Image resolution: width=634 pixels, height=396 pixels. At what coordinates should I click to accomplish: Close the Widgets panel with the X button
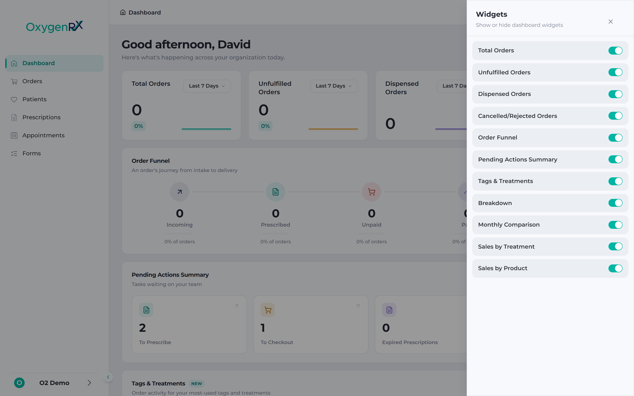(x=610, y=22)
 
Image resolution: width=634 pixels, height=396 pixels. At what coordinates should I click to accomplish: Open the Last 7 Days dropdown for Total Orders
(x=207, y=86)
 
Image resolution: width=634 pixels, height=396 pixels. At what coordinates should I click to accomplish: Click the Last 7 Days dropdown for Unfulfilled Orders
(x=334, y=86)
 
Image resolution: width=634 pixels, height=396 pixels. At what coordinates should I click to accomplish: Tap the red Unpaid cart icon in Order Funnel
(x=372, y=192)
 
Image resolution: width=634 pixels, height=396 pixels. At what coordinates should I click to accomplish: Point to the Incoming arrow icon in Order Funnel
(x=179, y=192)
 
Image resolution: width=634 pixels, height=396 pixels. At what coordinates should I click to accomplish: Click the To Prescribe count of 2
(x=142, y=328)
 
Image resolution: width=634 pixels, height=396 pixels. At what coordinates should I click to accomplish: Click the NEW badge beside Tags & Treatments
(x=197, y=384)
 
